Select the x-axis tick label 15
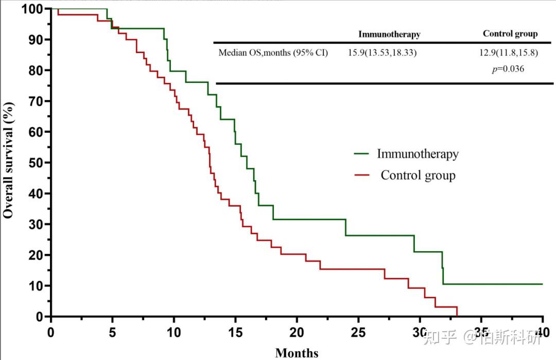pyautogui.click(x=235, y=331)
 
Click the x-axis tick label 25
pyautogui.click(x=358, y=331)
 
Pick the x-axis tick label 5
pyautogui.click(x=112, y=331)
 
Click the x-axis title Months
pyautogui.click(x=297, y=353)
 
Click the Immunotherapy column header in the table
pyautogui.click(x=389, y=35)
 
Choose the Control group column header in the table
pyautogui.click(x=510, y=34)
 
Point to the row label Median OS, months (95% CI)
pyautogui.click(x=273, y=53)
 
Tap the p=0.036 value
pyautogui.click(x=508, y=68)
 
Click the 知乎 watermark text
pyautogui.click(x=439, y=337)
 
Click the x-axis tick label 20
pyautogui.click(x=297, y=331)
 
